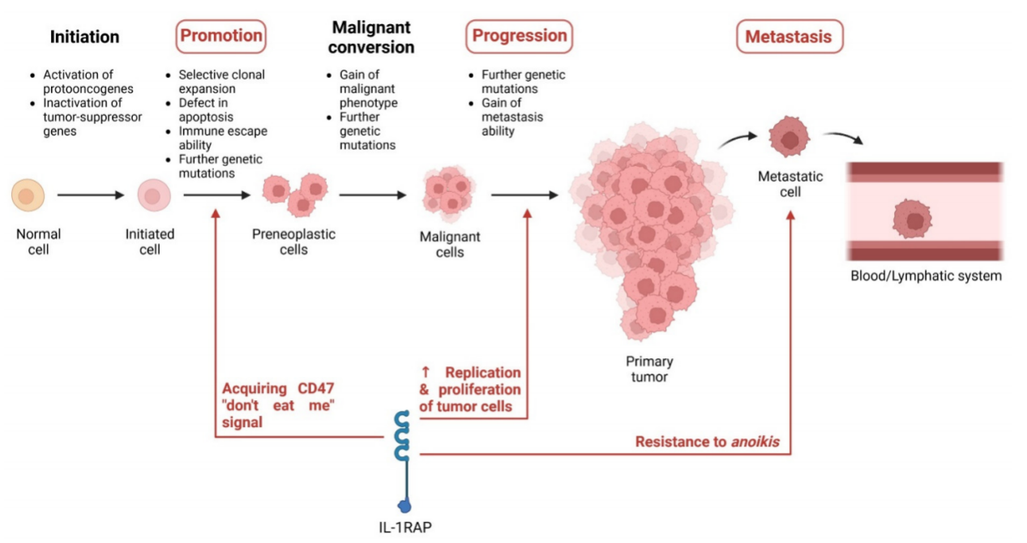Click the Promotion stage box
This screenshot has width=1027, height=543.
pos(220,36)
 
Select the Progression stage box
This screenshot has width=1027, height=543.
pos(519,36)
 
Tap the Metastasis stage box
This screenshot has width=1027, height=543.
pos(789,36)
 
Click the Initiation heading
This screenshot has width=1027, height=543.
pos(84,37)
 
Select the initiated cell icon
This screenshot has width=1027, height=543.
pos(152,195)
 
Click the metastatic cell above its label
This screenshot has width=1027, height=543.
pos(789,135)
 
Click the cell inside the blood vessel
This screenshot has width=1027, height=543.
pos(912,219)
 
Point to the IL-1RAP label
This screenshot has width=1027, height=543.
pos(404,528)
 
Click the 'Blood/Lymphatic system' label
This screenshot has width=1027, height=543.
pos(926,276)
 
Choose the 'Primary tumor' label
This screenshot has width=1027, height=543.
pos(648,369)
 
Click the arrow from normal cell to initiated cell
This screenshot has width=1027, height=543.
pos(90,195)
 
